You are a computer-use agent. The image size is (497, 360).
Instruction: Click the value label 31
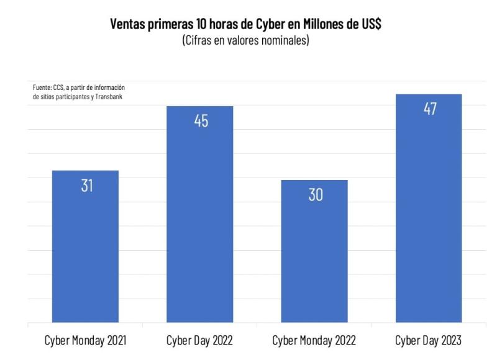[x=86, y=185]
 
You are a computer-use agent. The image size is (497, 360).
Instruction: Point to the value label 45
[x=201, y=121]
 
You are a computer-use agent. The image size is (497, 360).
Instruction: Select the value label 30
[x=316, y=195]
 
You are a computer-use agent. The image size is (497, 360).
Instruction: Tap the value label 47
[x=430, y=109]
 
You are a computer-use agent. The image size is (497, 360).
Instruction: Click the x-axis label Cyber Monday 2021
[x=85, y=341]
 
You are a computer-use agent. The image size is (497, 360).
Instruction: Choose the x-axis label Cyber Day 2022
[x=200, y=341]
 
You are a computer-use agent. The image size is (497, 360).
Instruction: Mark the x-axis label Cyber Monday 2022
[x=314, y=341]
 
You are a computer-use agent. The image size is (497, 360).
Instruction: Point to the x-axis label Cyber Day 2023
[x=429, y=341]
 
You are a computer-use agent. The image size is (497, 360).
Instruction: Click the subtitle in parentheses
[x=245, y=41]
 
